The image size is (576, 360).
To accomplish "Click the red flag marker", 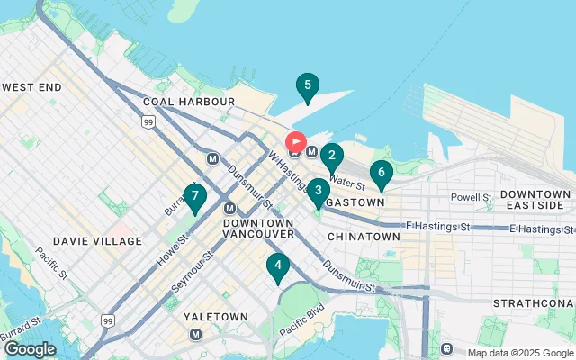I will (x=295, y=142).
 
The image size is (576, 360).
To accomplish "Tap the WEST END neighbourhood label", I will (x=31, y=87).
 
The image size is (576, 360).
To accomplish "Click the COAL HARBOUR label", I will (x=194, y=102).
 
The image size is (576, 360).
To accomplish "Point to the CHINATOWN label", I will (x=363, y=236).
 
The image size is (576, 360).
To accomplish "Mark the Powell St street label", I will (x=472, y=197).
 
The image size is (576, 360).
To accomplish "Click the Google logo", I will (x=30, y=348).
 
